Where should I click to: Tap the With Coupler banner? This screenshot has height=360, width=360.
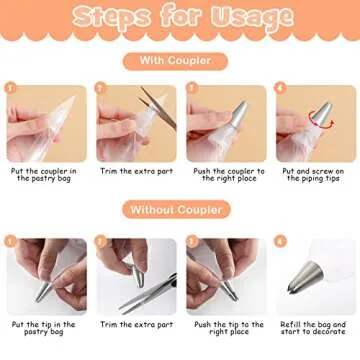coord(180,60)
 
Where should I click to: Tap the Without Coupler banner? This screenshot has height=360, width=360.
coord(180,209)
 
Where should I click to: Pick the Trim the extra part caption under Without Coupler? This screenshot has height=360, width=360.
coord(136,325)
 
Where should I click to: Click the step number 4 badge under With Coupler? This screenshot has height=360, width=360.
coord(281,88)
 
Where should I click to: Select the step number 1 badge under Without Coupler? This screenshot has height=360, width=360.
coord(11,241)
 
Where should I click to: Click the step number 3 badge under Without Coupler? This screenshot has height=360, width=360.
coord(191,241)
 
